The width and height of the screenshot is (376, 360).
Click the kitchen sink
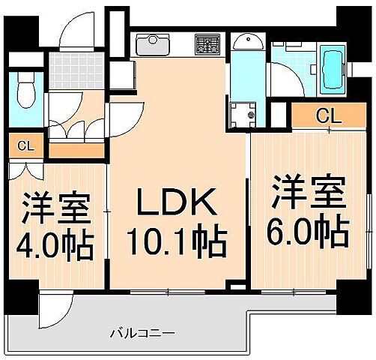click(154, 43)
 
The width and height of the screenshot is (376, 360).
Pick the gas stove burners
click(206, 43)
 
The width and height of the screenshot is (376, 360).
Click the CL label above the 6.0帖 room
click(326, 115)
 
